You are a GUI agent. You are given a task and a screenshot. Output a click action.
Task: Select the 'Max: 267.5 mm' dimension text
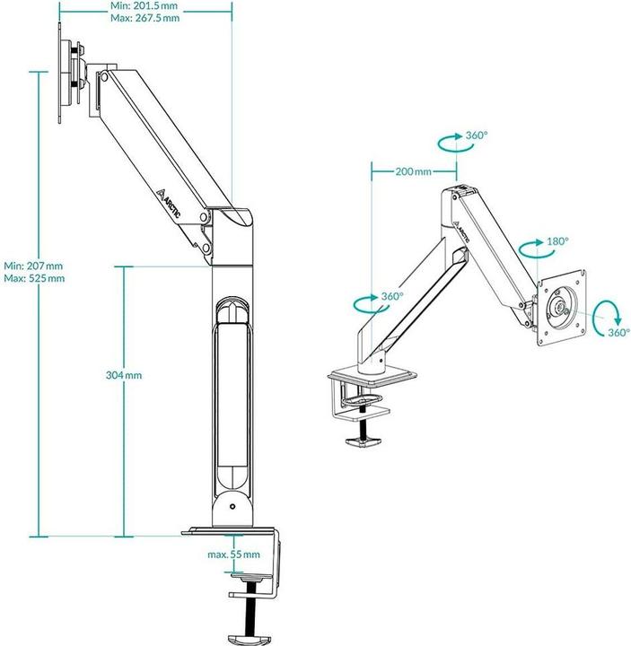point(143,17)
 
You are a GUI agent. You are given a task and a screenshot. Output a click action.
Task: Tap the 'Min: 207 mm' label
point(33,266)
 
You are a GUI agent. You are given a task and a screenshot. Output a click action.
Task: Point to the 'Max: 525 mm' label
point(34,278)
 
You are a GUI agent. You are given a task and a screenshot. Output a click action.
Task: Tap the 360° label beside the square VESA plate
point(618,332)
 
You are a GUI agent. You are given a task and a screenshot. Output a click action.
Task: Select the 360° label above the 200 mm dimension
point(476,135)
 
